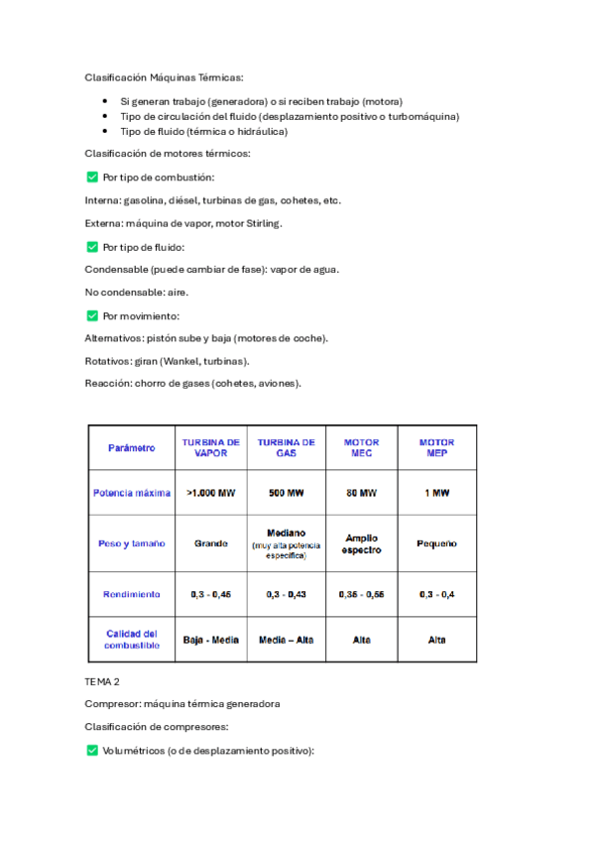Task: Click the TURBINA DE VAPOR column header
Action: [210, 447]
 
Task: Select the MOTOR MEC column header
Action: [361, 447]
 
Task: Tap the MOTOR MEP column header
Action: [436, 447]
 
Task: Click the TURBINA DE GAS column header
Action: [287, 447]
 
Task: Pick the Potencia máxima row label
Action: [132, 493]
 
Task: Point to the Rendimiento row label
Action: [132, 594]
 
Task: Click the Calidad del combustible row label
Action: [132, 640]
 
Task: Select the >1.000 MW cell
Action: [210, 493]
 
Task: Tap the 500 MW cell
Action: [287, 493]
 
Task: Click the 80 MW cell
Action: [361, 493]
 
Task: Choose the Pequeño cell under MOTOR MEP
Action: [436, 543]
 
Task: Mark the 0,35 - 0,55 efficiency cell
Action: [361, 594]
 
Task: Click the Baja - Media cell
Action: [210, 640]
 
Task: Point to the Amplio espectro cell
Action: [361, 543]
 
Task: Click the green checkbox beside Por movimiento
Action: [92, 315]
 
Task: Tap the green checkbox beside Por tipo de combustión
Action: [92, 178]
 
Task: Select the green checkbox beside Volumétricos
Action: [92, 751]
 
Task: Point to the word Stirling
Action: [262, 223]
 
